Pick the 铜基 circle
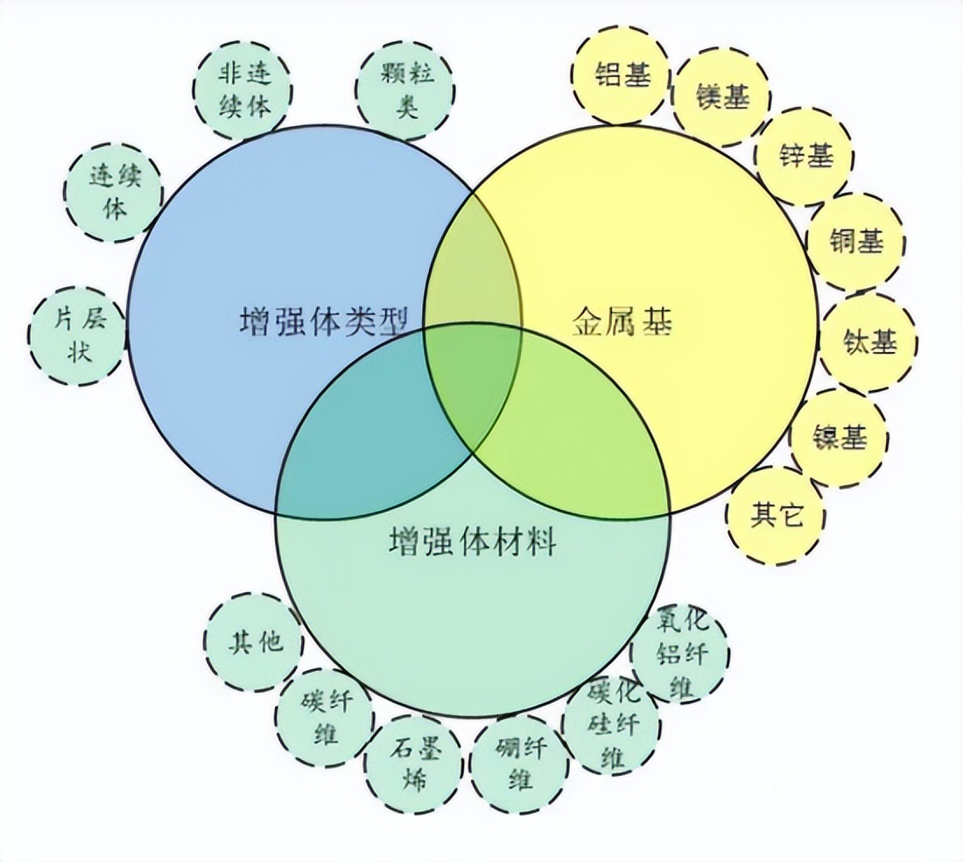[x=855, y=241]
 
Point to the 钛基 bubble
[x=868, y=341]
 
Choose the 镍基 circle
[x=840, y=438]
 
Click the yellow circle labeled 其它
[x=776, y=514]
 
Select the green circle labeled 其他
[x=254, y=643]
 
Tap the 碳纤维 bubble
[x=325, y=717]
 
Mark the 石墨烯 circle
[x=413, y=763]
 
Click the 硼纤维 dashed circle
[x=519, y=763]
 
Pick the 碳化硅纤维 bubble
[x=612, y=724]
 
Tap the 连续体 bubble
[x=114, y=193]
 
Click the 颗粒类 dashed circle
[x=405, y=88]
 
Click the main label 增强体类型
[x=323, y=323]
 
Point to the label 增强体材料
[x=472, y=542]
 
